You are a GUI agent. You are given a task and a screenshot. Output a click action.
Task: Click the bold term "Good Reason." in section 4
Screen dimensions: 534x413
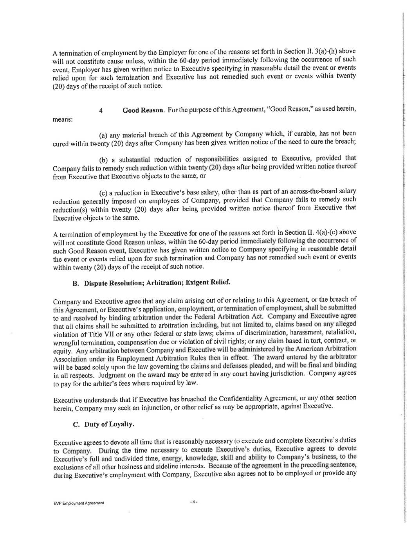pos(143,110)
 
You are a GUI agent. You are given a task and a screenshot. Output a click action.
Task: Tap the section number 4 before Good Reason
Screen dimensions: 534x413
pos(101,111)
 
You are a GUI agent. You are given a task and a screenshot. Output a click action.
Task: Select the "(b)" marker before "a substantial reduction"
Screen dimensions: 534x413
pos(104,160)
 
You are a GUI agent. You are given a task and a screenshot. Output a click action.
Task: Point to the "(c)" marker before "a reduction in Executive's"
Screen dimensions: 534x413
pos(103,192)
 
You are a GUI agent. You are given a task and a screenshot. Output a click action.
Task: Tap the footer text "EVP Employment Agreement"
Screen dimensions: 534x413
pos(78,503)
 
